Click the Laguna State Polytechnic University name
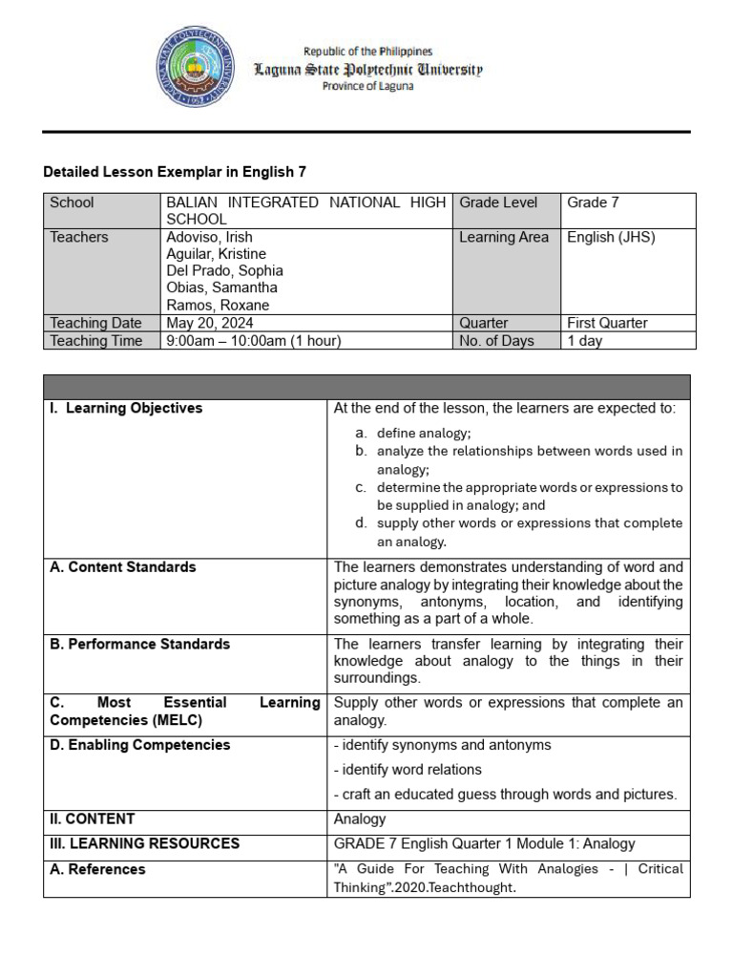point(366,70)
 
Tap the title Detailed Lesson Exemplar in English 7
point(175,172)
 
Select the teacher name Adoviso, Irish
point(210,237)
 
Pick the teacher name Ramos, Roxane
point(218,306)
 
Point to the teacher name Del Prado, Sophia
point(224,271)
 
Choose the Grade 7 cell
point(594,202)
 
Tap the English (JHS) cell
point(611,237)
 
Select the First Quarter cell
point(607,323)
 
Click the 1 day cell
point(585,341)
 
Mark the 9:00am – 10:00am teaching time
point(254,341)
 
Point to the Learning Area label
point(504,237)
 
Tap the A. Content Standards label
point(123,566)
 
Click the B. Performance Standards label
point(139,644)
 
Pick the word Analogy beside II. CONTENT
point(360,819)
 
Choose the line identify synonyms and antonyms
point(443,745)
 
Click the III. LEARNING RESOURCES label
point(144,843)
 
